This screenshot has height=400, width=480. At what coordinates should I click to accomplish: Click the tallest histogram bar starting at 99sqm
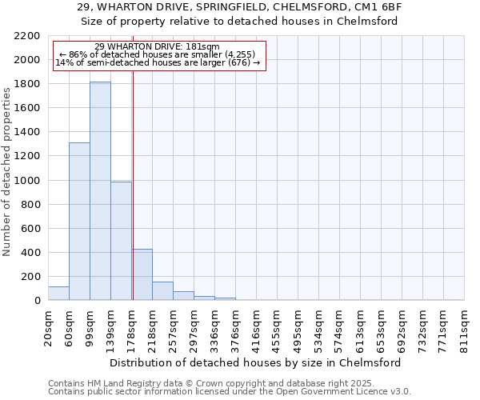click(x=100, y=191)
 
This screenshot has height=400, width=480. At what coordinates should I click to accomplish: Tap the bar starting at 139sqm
click(x=121, y=241)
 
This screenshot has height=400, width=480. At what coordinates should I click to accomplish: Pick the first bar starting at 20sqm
click(x=58, y=294)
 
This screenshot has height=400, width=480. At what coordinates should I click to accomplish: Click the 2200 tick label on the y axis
click(x=27, y=36)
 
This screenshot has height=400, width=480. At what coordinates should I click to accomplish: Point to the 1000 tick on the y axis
click(x=27, y=181)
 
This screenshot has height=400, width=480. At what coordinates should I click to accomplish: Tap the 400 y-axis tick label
click(x=30, y=253)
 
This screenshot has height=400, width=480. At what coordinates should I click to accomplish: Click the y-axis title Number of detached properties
click(x=8, y=168)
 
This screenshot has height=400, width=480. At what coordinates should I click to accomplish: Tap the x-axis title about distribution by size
click(x=255, y=362)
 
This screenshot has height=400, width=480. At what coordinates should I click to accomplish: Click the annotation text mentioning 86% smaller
click(x=156, y=54)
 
